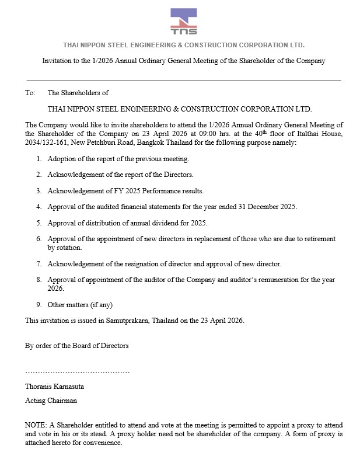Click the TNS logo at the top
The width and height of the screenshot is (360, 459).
coord(184,22)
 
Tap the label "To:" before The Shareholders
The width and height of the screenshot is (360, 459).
coord(30,92)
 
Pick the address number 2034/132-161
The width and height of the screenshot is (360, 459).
coord(48,142)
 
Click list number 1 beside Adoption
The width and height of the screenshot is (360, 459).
coord(39,158)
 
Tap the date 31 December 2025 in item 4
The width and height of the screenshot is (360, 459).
coord(261,207)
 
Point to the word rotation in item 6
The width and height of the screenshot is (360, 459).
coord(60,248)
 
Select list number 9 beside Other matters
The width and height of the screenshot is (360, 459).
coord(39,304)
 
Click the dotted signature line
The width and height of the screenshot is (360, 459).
coord(77,371)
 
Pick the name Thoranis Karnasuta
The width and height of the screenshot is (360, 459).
coord(55,386)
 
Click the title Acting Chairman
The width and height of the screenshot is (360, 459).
coord(51,401)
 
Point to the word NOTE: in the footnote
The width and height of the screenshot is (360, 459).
coord(36,425)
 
